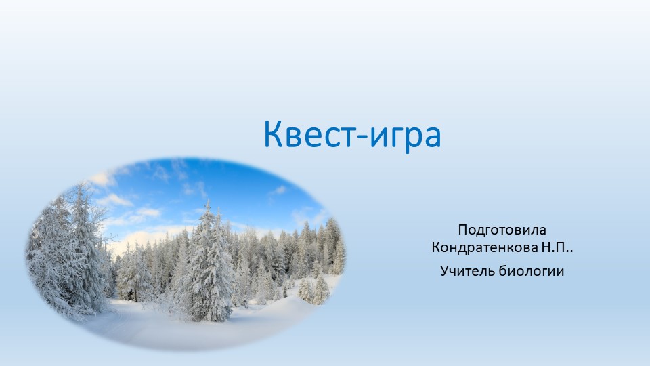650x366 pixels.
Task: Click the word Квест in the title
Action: coord(305,134)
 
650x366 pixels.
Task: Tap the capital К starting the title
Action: coord(272,134)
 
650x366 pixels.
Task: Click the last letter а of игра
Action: coord(432,137)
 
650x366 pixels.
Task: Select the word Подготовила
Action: coord(502,230)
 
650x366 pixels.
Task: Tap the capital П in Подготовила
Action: coord(462,229)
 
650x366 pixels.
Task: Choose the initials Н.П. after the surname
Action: coord(555,248)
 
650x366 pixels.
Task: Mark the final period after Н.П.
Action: coord(572,251)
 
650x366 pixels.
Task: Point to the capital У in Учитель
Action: coord(444,272)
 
